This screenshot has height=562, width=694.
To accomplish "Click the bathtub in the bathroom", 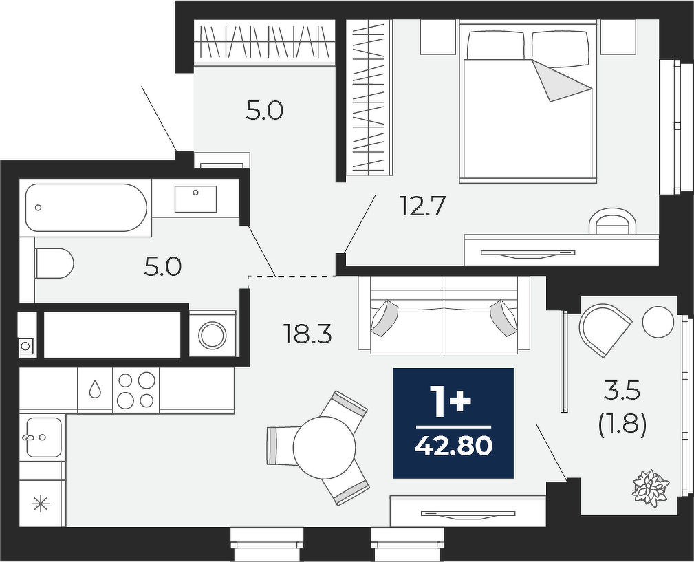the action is (86, 208).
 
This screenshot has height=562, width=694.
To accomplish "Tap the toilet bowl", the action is (54, 263).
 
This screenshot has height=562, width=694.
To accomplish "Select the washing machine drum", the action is (213, 335).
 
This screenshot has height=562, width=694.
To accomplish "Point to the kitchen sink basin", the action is (43, 437).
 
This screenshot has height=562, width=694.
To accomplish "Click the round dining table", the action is (325, 447).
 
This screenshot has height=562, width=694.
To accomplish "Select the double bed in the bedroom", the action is (526, 102).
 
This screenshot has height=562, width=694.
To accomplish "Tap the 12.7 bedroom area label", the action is (422, 206).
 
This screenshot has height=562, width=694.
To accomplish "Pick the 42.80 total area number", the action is (453, 446).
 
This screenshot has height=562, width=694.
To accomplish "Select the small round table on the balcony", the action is (658, 322).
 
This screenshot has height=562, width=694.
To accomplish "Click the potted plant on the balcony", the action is (650, 488).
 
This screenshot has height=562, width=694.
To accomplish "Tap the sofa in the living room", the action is (444, 315).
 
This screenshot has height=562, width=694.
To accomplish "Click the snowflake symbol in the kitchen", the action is (41, 504).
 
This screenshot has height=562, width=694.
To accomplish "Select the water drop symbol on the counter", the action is (95, 389).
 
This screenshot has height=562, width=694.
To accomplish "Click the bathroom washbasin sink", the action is (195, 199).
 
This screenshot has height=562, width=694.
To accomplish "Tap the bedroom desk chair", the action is (613, 221).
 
